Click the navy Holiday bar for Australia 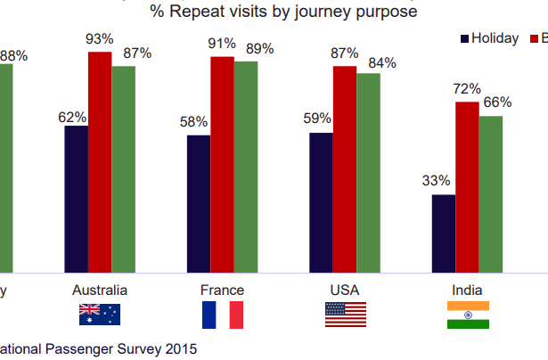pos(76,199)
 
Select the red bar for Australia pos(100,161)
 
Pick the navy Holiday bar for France pos(199,203)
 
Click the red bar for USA pos(345,168)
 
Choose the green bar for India pos(490,193)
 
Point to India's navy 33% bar pos(444,233)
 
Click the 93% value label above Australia pos(100,39)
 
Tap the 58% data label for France pos(193,122)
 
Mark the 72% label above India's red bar pos(466,89)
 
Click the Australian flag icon pos(100,314)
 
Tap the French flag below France pos(223,315)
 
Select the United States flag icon pos(346,314)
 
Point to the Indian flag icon pos(468,315)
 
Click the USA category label pos(345,290)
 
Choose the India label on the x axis pos(468,290)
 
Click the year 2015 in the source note pos(182,348)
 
